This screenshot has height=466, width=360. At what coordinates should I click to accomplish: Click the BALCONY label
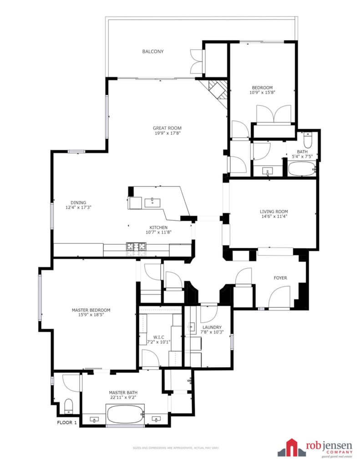153,51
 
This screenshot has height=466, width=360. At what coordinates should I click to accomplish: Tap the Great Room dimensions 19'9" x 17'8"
167,133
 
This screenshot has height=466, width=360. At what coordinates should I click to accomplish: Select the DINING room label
78,203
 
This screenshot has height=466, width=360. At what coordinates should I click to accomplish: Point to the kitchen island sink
152,203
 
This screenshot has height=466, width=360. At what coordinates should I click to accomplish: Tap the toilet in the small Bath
308,140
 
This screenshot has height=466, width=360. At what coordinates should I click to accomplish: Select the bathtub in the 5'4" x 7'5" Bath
302,169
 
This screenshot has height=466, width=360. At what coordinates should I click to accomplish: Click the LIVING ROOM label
274,212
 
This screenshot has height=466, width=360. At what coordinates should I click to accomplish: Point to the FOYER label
280,278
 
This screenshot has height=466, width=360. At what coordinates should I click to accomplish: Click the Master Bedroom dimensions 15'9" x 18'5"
91,315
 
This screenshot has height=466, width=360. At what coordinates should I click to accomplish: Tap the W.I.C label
159,337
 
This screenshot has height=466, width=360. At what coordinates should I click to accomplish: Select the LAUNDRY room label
212,327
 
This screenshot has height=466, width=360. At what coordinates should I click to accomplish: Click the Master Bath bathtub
125,415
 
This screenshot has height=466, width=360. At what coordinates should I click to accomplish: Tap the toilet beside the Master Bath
69,406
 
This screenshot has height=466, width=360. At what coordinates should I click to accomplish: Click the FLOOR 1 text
67,422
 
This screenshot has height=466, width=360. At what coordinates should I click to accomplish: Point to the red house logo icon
292,448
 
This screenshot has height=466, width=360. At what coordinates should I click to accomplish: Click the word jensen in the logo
338,446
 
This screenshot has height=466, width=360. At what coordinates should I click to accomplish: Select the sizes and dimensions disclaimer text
176,448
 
